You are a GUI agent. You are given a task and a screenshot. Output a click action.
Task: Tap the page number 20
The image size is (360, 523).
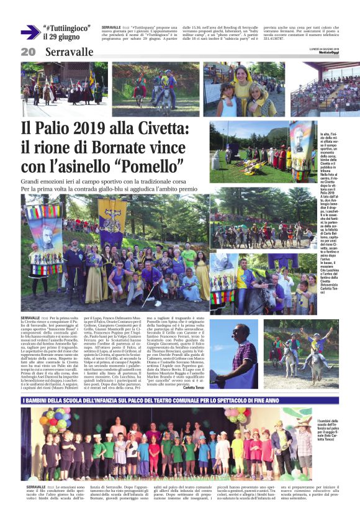(28, 52)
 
